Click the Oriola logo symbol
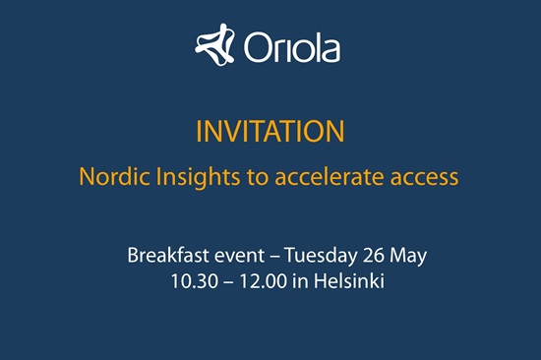click(214, 45)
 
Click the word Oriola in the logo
click(292, 47)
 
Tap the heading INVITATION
click(270, 131)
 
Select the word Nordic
click(115, 176)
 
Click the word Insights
click(198, 178)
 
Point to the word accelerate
click(330, 176)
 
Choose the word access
click(424, 179)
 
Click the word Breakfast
click(168, 255)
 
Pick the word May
click(408, 257)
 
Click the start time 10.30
click(195, 281)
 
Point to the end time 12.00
click(264, 281)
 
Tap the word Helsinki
click(349, 280)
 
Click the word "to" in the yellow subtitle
click(258, 177)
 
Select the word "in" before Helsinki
click(300, 281)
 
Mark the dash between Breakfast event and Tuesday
click(274, 257)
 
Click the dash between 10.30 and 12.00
click(229, 282)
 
